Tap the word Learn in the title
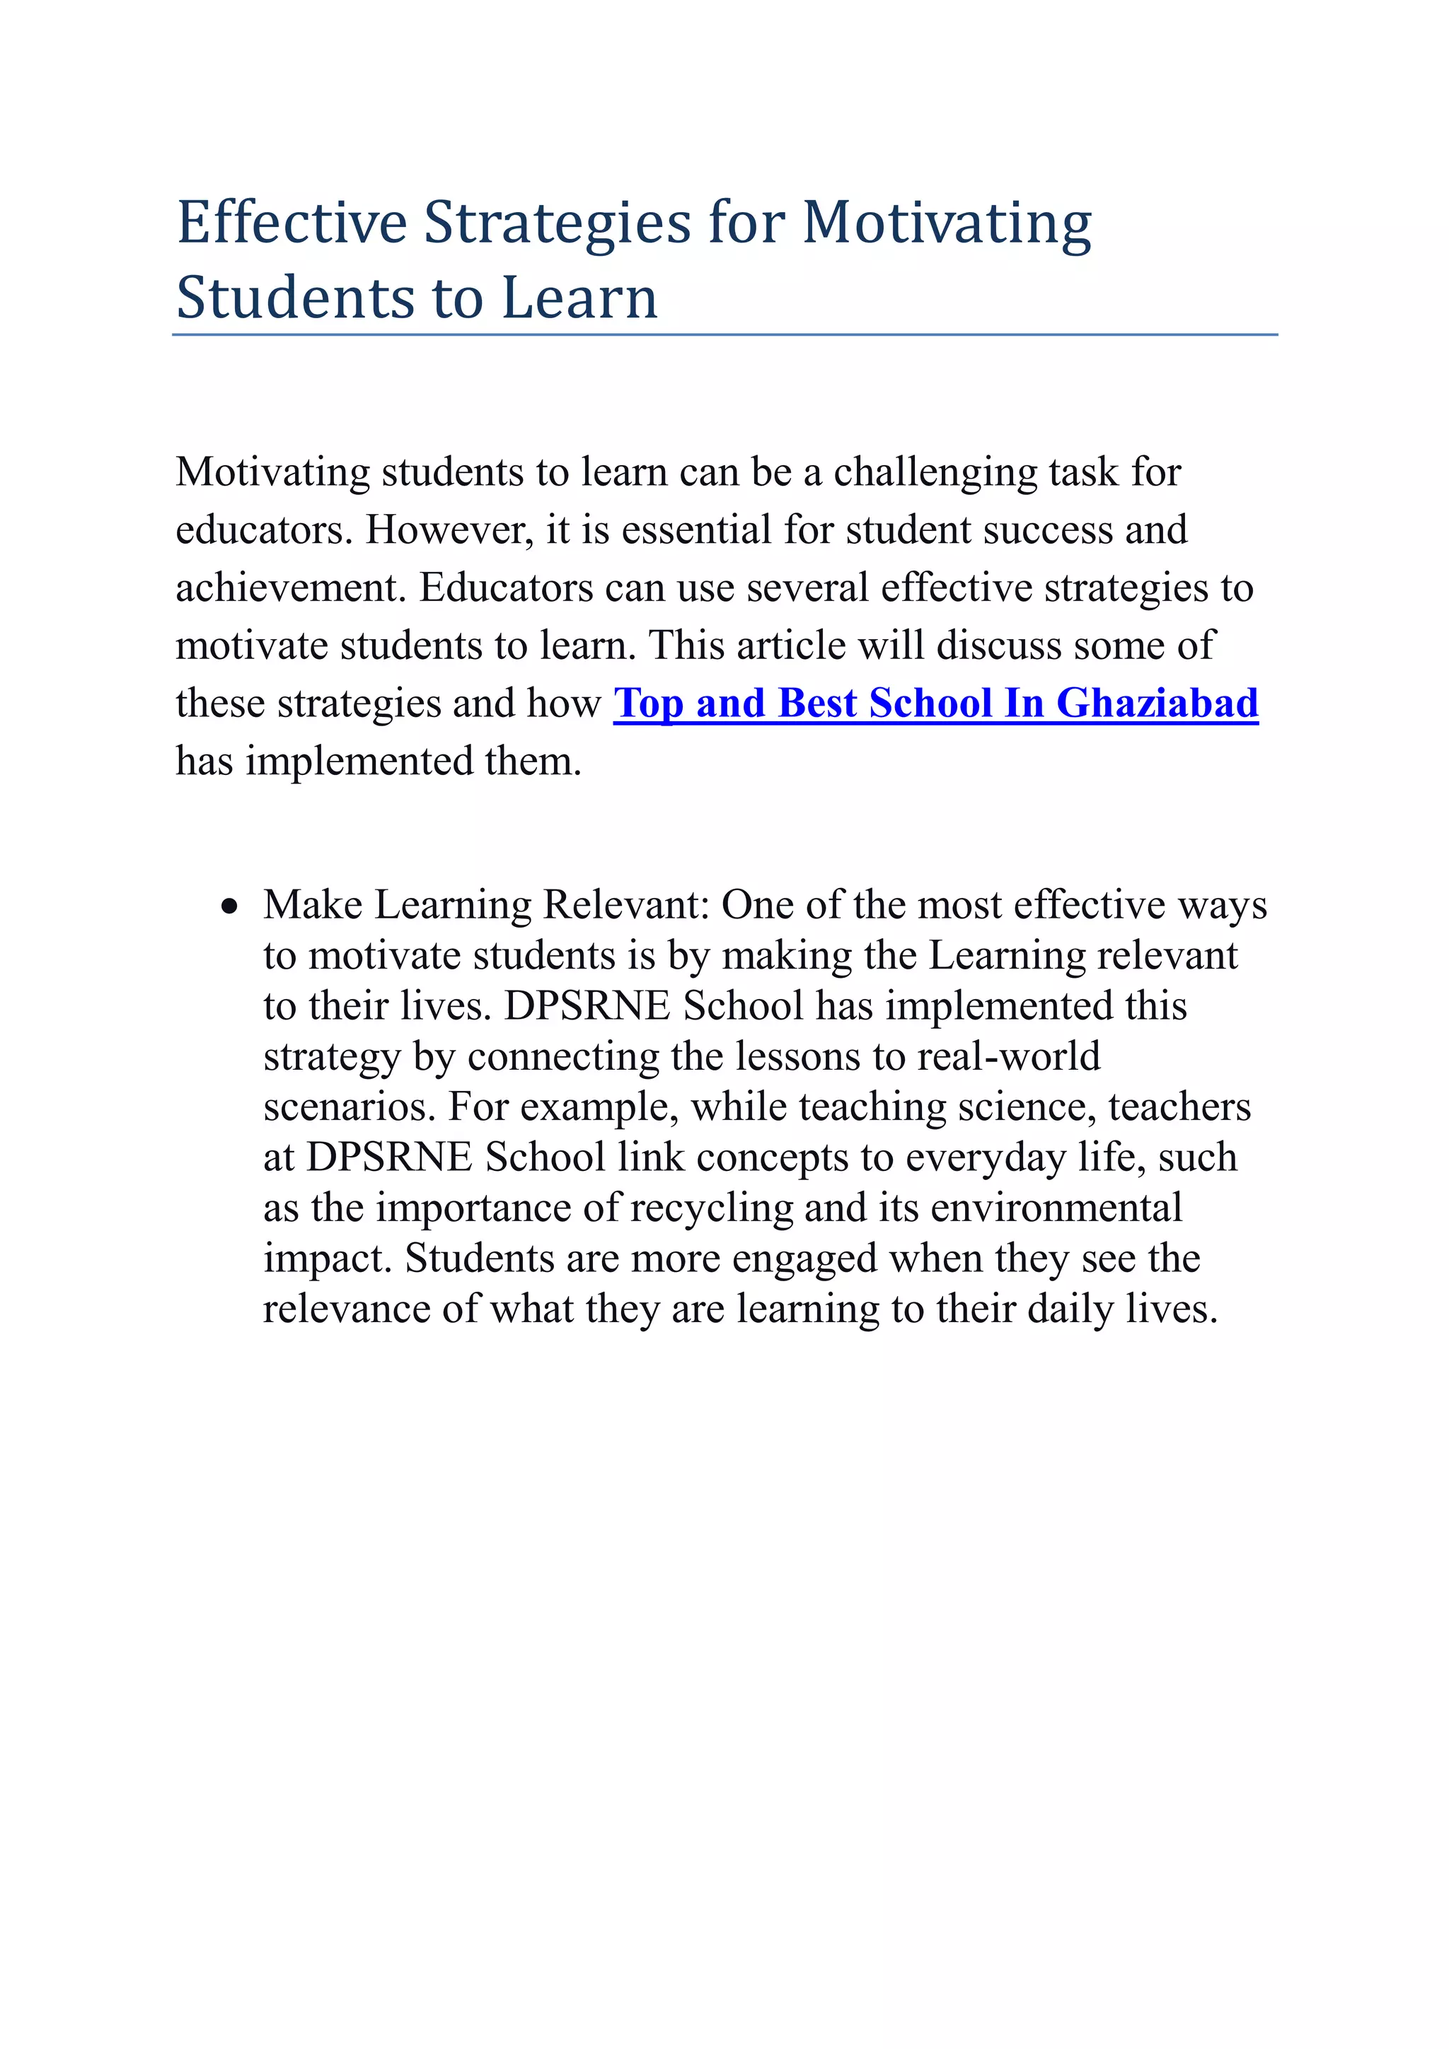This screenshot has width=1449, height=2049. [579, 298]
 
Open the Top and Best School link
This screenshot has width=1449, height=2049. [935, 704]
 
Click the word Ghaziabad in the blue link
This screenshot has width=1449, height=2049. [1156, 704]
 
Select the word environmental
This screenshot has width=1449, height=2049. [1056, 1208]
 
